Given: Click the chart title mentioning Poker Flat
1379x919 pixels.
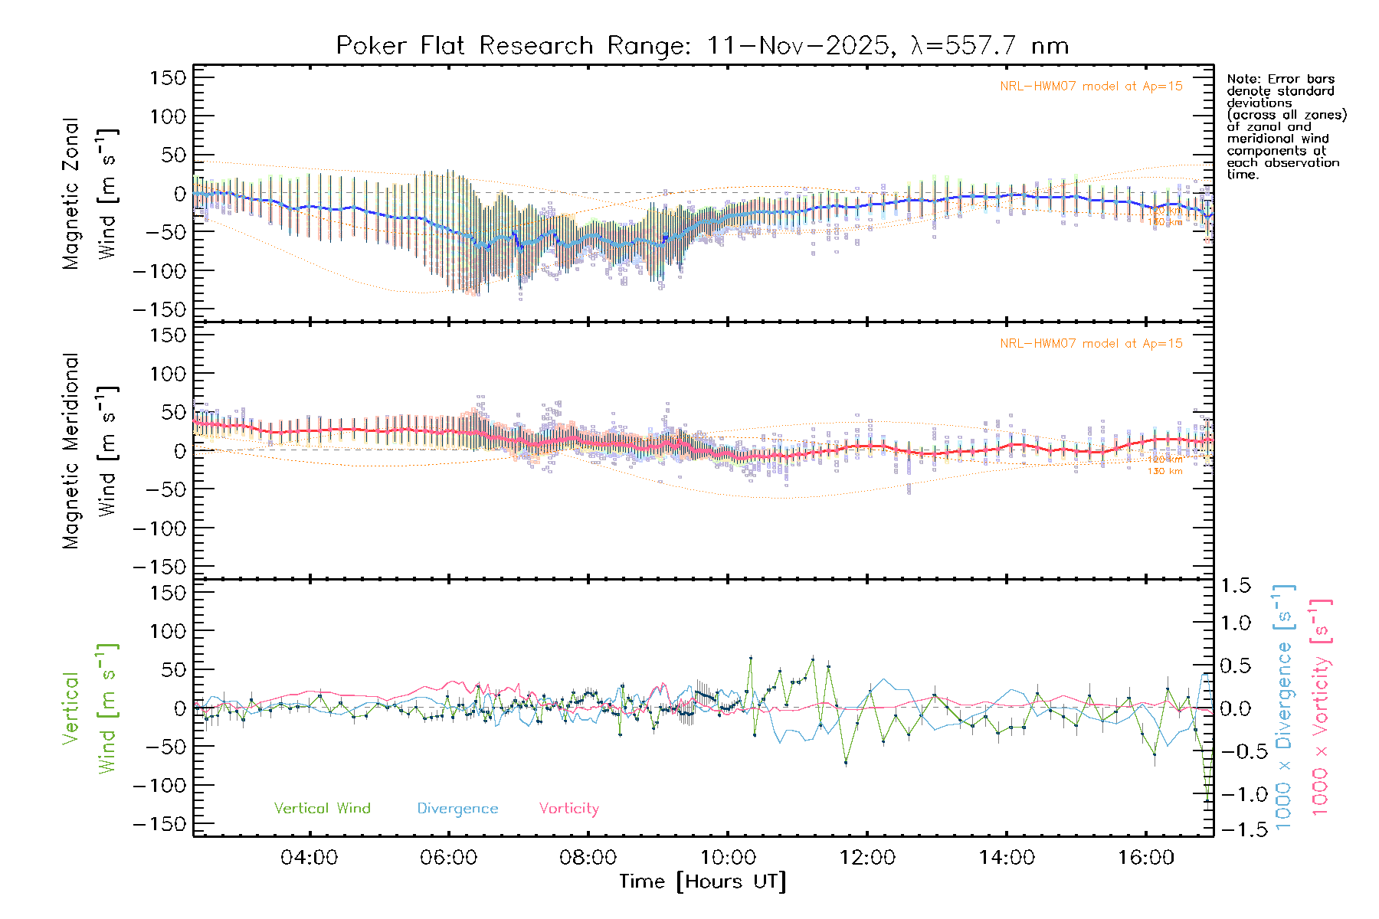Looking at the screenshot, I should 702,46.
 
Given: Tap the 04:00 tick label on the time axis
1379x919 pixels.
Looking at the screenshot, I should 309,858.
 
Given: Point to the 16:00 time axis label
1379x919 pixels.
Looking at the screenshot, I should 1145,858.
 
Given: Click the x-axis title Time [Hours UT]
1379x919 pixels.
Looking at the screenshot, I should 702,881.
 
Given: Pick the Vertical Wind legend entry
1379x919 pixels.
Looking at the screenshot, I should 322,809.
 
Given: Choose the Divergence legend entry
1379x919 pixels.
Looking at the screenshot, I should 457,809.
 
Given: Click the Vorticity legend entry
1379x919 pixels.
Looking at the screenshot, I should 568,809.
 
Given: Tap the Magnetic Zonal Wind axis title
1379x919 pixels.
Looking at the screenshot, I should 90,193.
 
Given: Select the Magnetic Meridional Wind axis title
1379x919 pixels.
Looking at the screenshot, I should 90,450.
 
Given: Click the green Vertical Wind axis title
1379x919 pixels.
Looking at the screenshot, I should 90,708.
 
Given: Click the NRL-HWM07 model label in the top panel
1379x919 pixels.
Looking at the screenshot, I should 1091,87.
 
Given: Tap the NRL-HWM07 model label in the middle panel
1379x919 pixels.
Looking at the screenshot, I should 1091,344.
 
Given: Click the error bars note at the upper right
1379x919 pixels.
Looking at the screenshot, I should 1286,126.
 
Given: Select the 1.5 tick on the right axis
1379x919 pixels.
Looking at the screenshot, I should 1235,586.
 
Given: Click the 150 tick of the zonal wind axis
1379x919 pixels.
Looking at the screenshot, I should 168,78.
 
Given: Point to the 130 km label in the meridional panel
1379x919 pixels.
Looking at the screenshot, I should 1164,472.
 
